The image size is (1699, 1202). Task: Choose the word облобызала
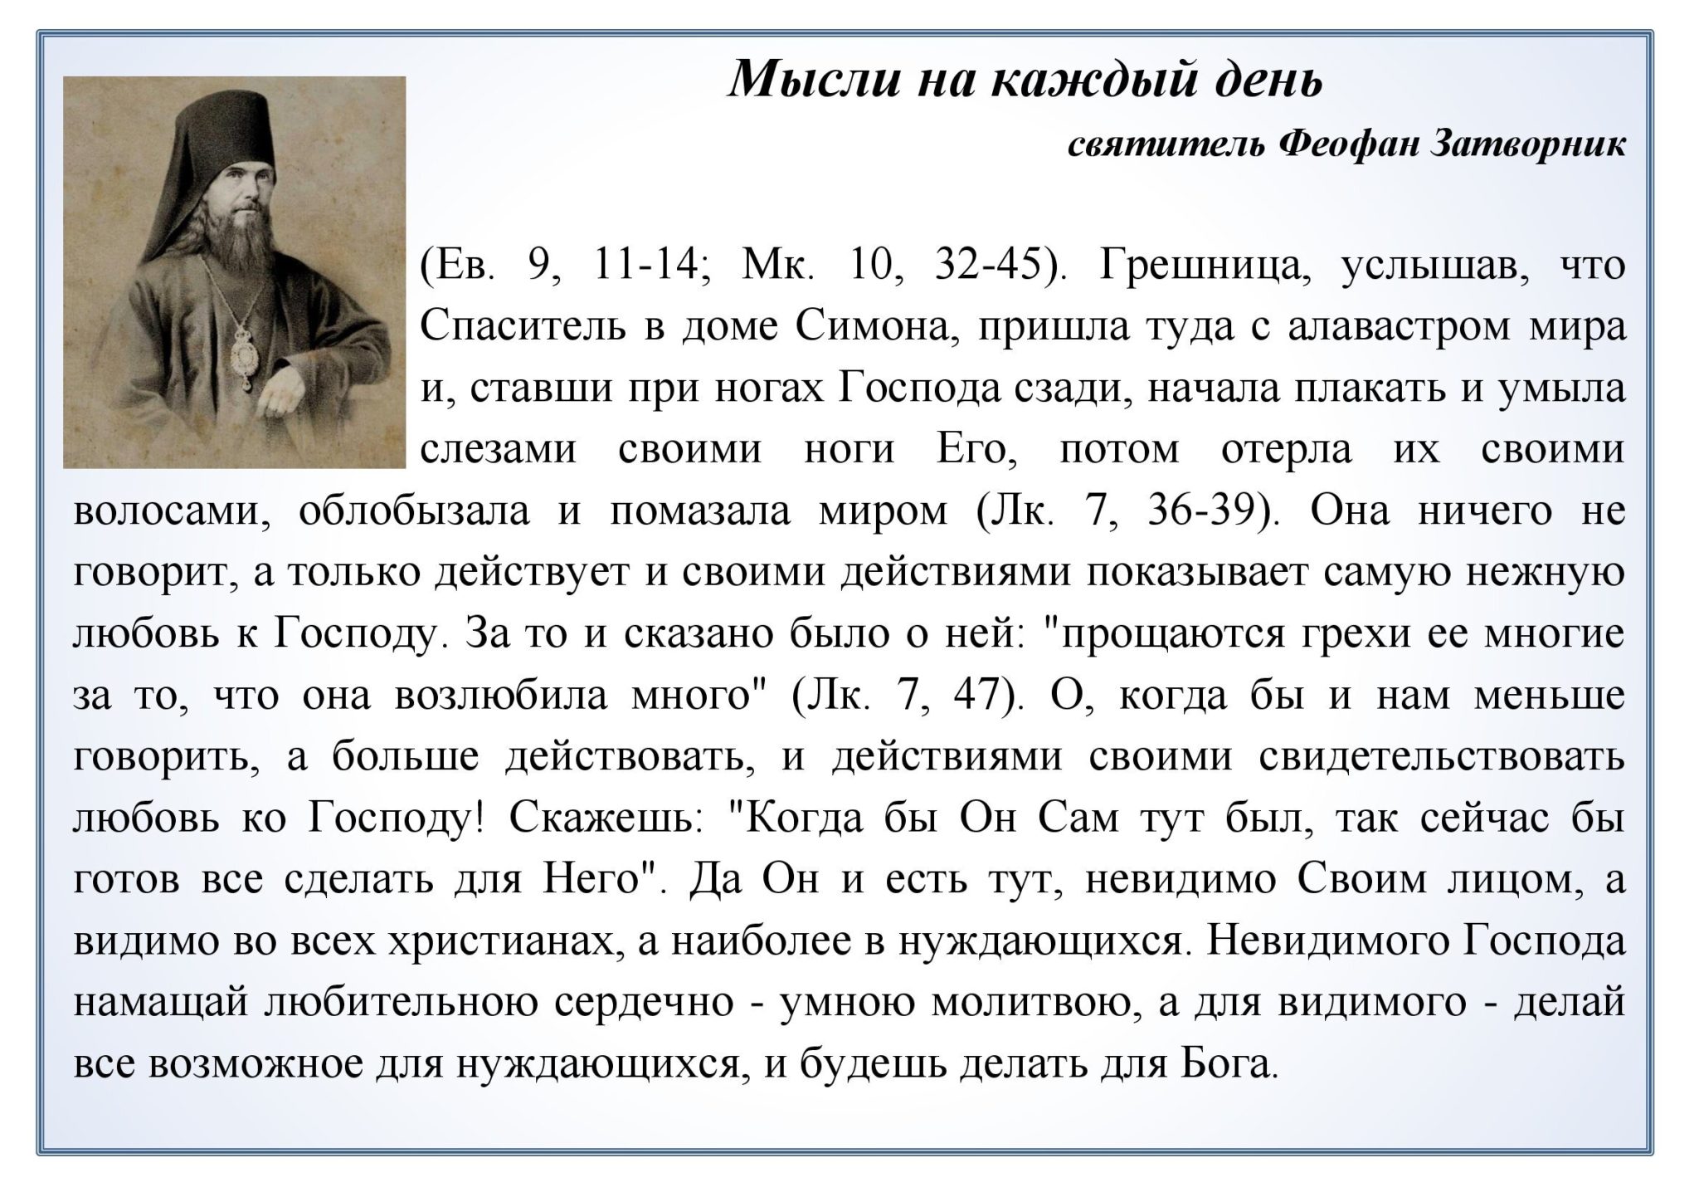pyautogui.click(x=413, y=511)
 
